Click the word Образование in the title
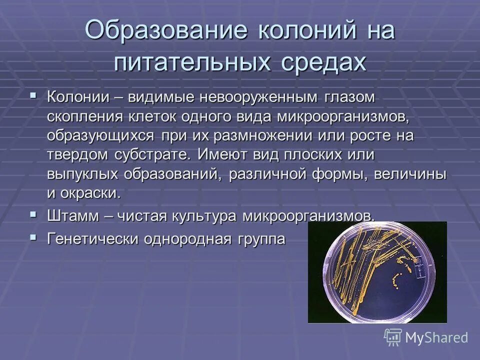click(166, 31)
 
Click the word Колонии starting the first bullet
click(78, 97)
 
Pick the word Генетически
click(92, 238)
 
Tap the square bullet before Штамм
click(33, 214)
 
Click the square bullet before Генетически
click(33, 237)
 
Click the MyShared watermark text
click(436, 337)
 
